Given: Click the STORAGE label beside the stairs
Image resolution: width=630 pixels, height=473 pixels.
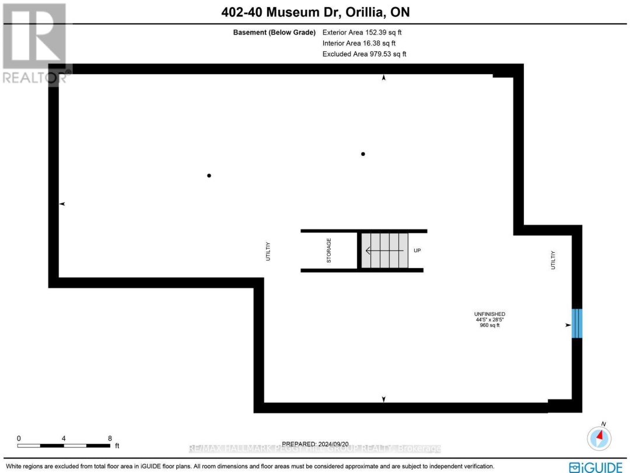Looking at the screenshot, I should point(328,250).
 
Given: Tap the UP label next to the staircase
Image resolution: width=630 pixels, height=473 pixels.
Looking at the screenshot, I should point(416,250).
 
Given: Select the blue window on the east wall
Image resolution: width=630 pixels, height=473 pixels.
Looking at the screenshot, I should point(577,323).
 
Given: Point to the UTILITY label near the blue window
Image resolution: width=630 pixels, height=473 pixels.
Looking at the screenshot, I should point(553,260).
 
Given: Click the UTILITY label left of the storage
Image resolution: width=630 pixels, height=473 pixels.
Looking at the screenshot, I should point(268,251).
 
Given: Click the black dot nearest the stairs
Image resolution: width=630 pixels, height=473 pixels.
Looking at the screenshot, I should point(363,154).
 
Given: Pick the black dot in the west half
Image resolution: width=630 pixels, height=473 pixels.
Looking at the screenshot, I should point(209,175).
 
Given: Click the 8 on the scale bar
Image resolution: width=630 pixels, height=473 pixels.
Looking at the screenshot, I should point(110,438).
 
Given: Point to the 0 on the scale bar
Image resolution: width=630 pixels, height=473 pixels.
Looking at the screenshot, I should point(19,438).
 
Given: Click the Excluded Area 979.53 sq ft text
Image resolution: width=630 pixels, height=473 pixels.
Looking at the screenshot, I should point(364,54).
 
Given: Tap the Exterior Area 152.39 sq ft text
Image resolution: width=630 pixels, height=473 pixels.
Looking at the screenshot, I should point(362,33).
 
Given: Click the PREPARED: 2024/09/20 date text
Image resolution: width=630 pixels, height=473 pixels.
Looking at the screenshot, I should point(316,444).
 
